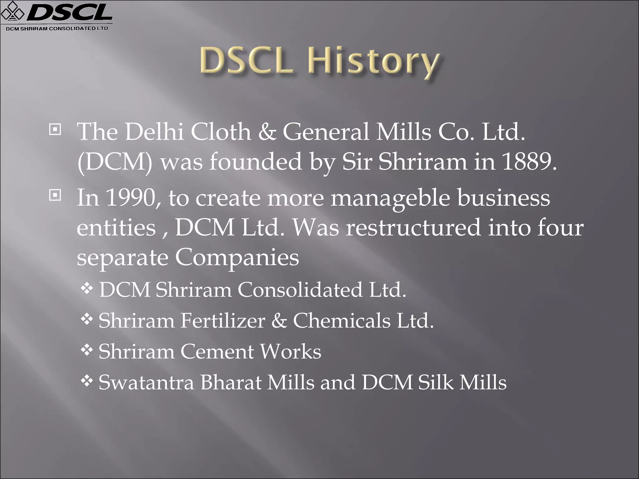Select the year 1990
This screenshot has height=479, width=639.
click(131, 197)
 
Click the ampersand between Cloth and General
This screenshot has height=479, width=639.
click(267, 132)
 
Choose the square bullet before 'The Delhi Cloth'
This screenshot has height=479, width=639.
click(55, 129)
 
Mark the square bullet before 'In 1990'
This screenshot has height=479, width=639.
click(55, 195)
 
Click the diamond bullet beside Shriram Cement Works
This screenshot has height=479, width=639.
click(87, 350)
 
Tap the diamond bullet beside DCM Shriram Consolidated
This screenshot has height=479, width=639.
click(87, 288)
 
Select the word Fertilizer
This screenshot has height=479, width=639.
click(223, 321)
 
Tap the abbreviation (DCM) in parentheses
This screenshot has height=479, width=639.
click(115, 162)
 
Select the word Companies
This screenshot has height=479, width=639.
click(237, 258)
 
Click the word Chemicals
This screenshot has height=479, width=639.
click(342, 321)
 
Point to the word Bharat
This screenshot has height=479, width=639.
click(231, 382)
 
